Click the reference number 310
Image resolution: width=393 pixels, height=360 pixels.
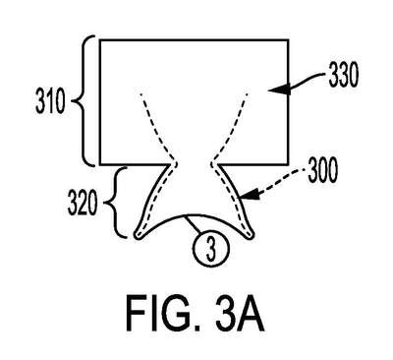coord(50,102)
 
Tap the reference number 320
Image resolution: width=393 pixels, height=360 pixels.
coord(83,204)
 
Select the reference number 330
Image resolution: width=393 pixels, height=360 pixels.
coord(344,76)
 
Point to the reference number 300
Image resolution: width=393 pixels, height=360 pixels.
coord(322,171)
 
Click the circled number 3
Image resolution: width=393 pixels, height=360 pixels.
coord(211,249)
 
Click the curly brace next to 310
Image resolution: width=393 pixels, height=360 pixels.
coord(84,100)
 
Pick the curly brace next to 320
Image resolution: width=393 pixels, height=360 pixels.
coord(117,203)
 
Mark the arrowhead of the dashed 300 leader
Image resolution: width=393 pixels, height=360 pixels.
coord(250,196)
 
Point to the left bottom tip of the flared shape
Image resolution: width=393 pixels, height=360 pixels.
coord(137,235)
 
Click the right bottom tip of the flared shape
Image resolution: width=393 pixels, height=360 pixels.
coord(252,235)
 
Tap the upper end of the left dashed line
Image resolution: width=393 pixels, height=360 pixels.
coord(140,94)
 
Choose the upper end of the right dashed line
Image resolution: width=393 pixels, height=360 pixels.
coord(247,94)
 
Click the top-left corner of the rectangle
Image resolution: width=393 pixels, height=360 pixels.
coord(100,40)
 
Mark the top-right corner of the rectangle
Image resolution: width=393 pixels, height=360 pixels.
coord(288,40)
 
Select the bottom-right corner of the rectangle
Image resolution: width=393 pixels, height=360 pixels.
coord(288,164)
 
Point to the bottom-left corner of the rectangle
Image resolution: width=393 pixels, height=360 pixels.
coord(100,164)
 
